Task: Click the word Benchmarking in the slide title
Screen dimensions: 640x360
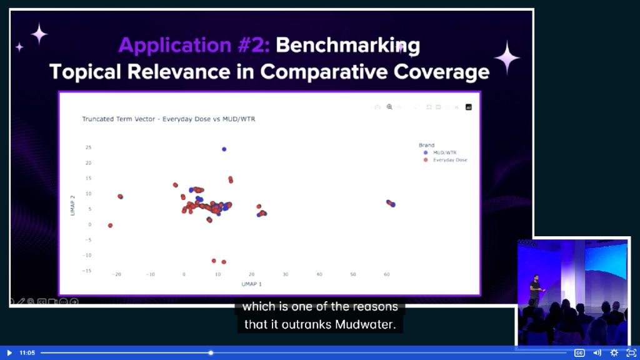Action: click(x=347, y=46)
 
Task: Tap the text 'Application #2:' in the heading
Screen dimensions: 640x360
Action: click(x=194, y=45)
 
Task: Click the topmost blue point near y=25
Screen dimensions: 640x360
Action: click(x=224, y=149)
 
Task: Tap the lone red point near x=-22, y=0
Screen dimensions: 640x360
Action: click(x=110, y=225)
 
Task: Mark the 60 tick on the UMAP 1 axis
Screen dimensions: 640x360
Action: click(x=386, y=275)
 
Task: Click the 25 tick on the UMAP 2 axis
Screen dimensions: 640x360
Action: click(x=89, y=147)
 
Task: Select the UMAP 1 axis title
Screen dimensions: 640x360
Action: click(x=251, y=284)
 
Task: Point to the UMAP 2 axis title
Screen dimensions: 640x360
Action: click(x=72, y=206)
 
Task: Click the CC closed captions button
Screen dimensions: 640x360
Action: click(x=579, y=352)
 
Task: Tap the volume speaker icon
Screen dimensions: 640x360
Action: click(x=597, y=352)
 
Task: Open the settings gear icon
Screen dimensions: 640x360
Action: click(x=614, y=352)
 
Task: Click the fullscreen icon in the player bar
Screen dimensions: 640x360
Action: click(x=631, y=352)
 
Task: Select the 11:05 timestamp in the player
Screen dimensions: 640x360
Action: click(x=27, y=352)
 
